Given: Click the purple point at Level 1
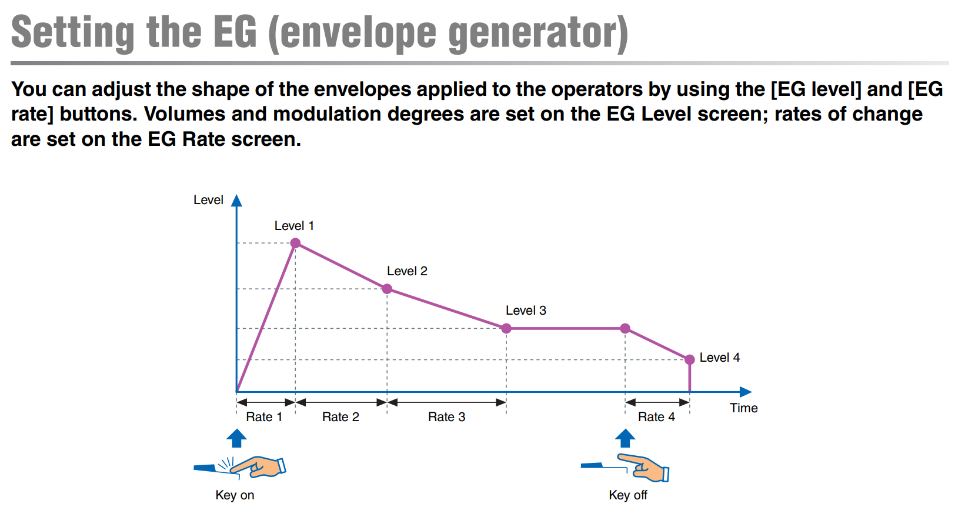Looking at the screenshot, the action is [295, 243].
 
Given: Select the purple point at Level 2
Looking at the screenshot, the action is [387, 289].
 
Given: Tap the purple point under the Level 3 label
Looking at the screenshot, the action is [506, 328].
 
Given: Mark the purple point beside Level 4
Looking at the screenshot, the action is [689, 359].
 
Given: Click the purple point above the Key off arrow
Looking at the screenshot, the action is [625, 328].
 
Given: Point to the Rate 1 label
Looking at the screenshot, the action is [264, 417].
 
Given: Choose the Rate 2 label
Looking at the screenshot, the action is [340, 417].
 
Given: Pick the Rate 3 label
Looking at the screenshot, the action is [446, 417].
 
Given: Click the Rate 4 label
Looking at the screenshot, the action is [656, 417].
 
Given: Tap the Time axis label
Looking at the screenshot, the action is [744, 408].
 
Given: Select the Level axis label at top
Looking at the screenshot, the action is [209, 200].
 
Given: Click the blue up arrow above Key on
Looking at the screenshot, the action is [237, 438].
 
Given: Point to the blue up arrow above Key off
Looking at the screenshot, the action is [625, 438].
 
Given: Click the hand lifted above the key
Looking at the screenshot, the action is [644, 468].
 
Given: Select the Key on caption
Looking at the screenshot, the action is [235, 495].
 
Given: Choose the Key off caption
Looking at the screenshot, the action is [628, 495].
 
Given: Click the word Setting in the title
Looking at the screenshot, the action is [73, 33].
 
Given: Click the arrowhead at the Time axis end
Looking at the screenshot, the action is [746, 392].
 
